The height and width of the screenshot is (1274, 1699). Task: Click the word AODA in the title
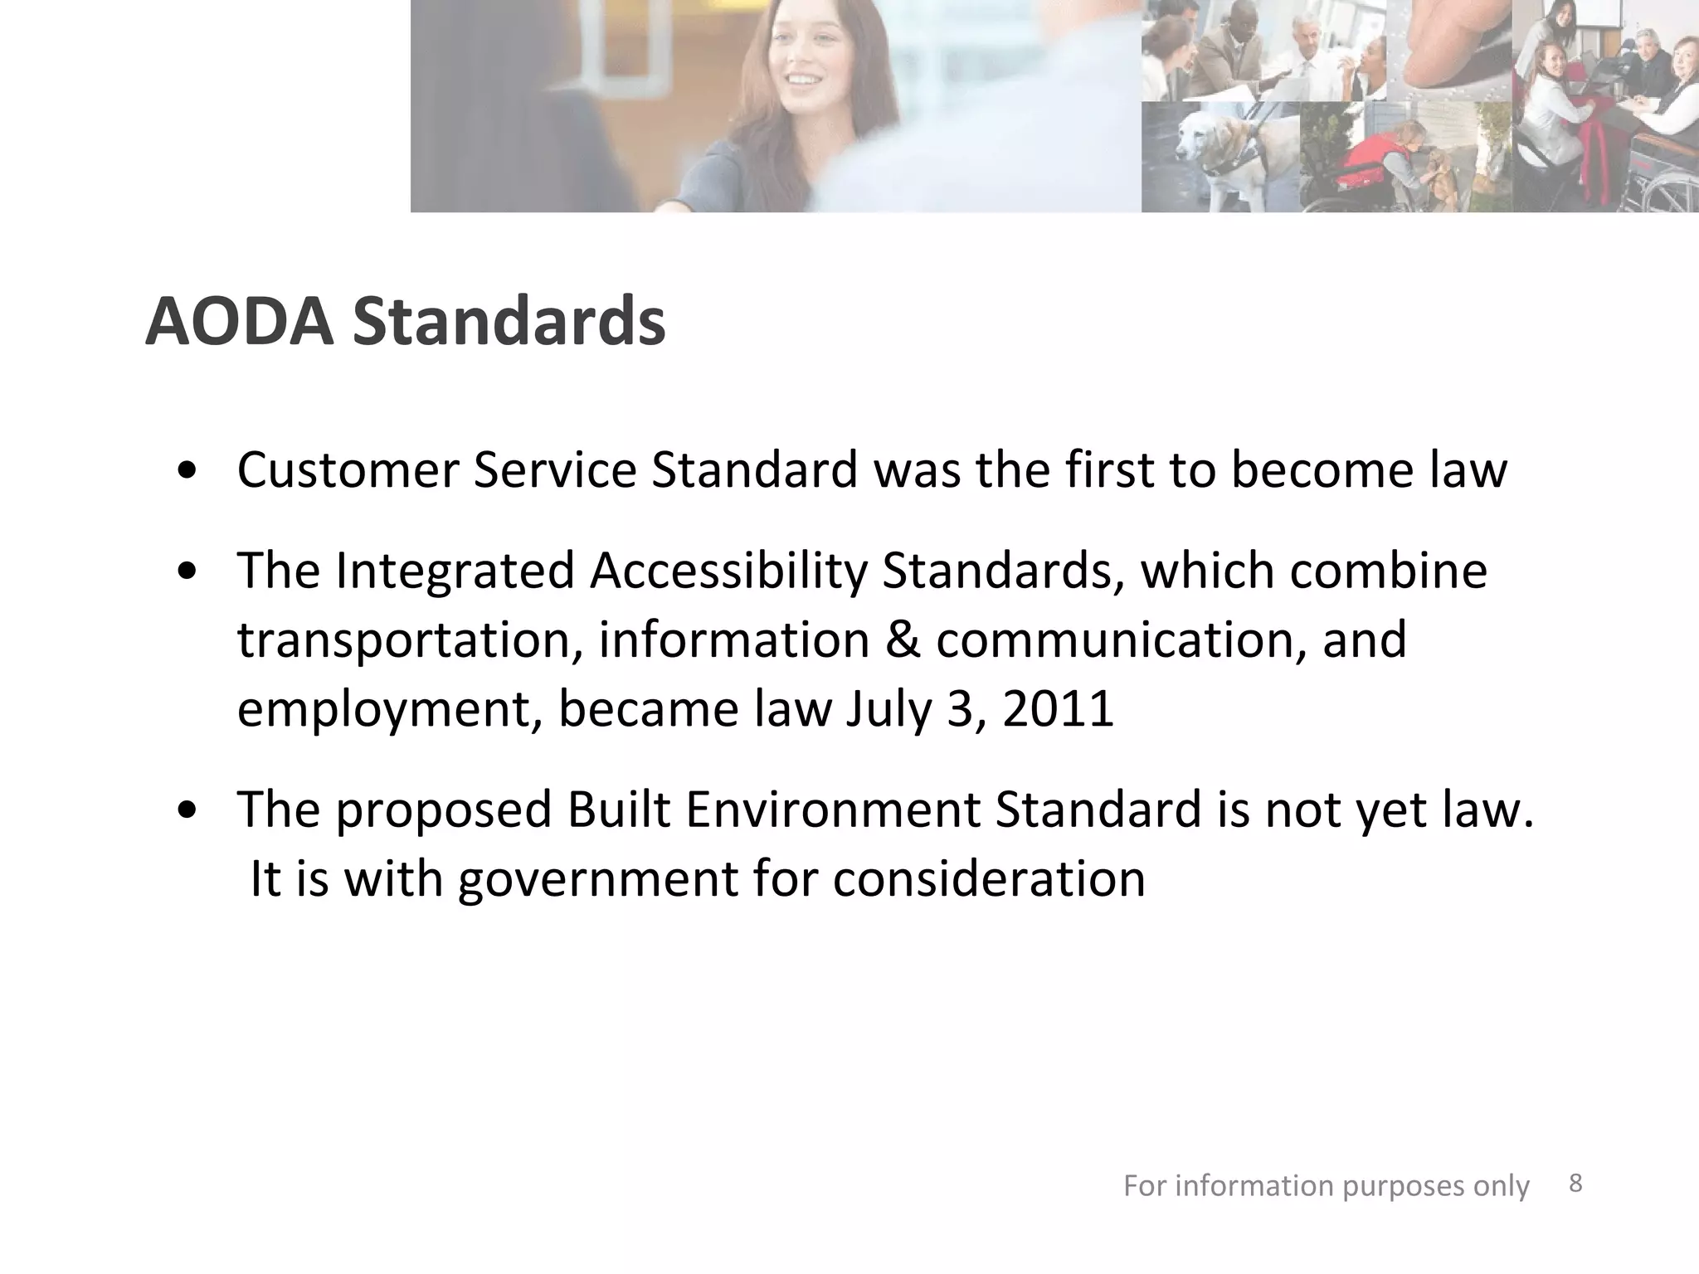tap(239, 322)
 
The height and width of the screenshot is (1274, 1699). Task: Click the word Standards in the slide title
tap(509, 322)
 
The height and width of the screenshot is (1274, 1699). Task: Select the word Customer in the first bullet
tap(348, 470)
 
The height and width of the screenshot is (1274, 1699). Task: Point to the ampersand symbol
tap(903, 640)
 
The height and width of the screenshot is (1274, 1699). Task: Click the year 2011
tap(1058, 709)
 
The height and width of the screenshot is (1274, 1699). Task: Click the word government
tap(597, 880)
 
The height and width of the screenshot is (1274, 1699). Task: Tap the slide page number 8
tap(1576, 1184)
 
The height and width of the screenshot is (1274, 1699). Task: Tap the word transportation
tap(410, 640)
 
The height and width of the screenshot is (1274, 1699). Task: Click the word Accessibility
tap(728, 572)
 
